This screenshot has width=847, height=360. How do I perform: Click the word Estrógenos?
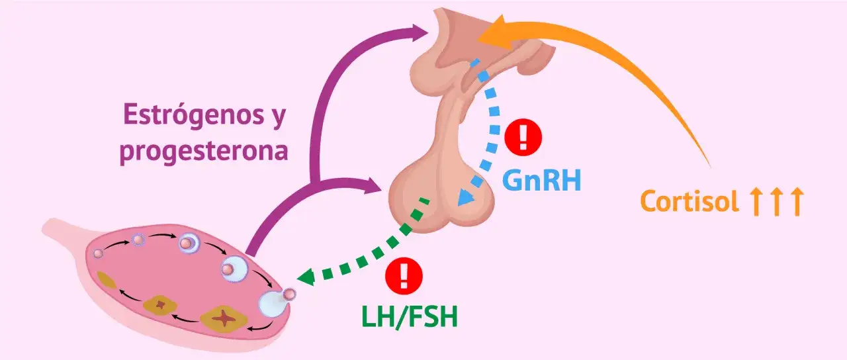click(193, 116)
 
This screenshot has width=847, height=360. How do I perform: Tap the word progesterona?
click(204, 152)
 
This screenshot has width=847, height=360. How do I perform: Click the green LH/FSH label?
click(410, 317)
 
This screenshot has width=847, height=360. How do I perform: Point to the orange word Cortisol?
click(690, 202)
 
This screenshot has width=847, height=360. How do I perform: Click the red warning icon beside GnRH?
click(523, 137)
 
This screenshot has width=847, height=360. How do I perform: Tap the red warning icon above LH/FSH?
click(404, 276)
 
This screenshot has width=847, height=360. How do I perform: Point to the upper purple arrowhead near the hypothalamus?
click(420, 33)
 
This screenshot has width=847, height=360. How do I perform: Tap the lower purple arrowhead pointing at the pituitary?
click(373, 186)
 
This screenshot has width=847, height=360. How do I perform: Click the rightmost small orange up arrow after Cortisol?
click(797, 202)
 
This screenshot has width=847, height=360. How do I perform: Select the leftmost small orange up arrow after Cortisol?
click(756, 202)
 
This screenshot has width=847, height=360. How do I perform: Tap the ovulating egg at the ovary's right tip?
click(290, 294)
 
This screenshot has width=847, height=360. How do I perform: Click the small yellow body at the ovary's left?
click(106, 282)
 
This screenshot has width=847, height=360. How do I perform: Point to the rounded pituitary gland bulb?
click(441, 197)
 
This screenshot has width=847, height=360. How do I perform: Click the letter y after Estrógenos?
click(277, 118)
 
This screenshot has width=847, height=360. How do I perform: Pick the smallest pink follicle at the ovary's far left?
click(98, 253)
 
